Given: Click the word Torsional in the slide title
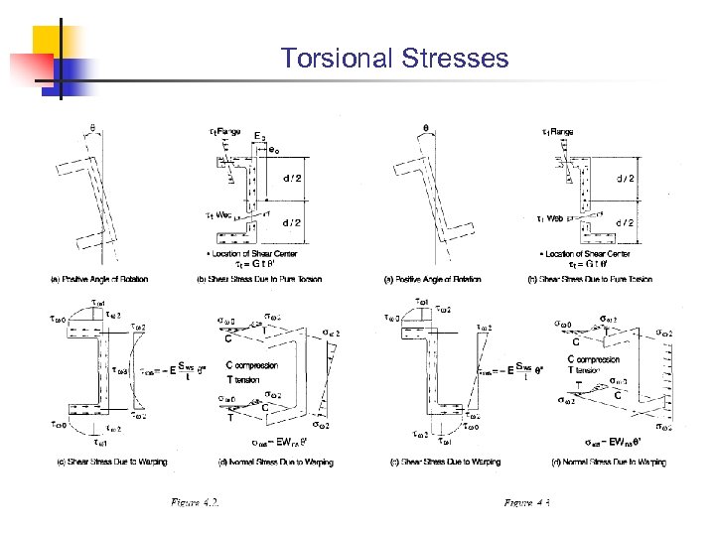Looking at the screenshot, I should (337, 59).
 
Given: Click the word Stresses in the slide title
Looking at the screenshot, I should (456, 59).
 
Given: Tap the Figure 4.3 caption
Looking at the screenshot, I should (526, 504).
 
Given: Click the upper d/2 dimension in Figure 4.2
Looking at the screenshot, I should (293, 179).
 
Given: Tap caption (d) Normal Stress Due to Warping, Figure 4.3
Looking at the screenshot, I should (605, 462).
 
